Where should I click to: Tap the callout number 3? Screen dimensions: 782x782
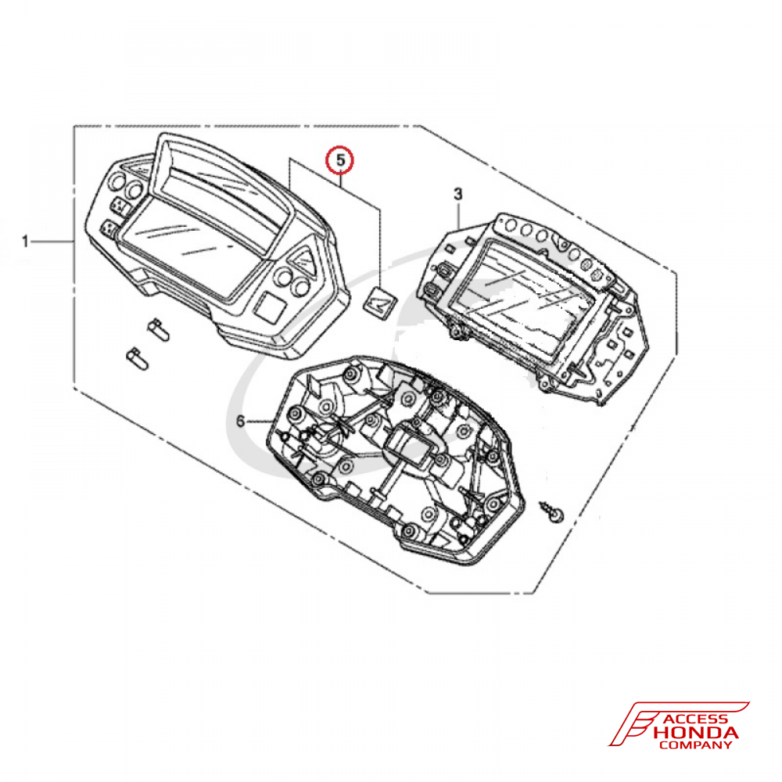[458, 193]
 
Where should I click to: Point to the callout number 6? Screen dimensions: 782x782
[241, 421]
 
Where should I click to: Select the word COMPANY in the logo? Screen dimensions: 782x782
[696, 745]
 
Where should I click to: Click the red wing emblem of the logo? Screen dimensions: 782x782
[633, 723]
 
